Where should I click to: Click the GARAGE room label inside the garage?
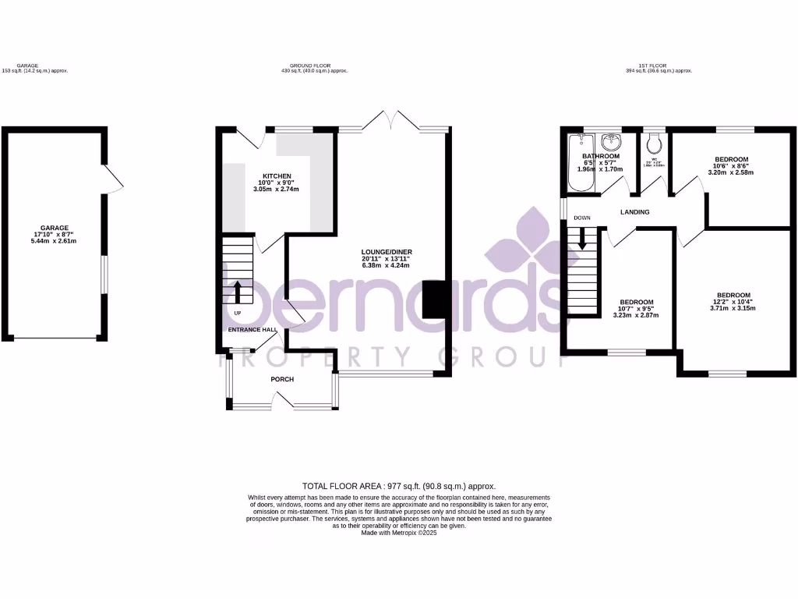55,227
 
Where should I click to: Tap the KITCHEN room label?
277,176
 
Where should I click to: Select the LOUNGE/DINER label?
386,251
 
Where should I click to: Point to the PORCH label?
282,380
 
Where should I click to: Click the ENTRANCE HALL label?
252,330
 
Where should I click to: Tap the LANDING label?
635,212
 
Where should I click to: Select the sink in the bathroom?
611,142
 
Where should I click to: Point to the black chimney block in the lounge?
433,299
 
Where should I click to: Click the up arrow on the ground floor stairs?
238,292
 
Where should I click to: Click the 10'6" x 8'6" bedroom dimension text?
731,166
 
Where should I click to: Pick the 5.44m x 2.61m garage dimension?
55,241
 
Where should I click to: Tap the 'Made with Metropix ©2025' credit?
398,533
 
